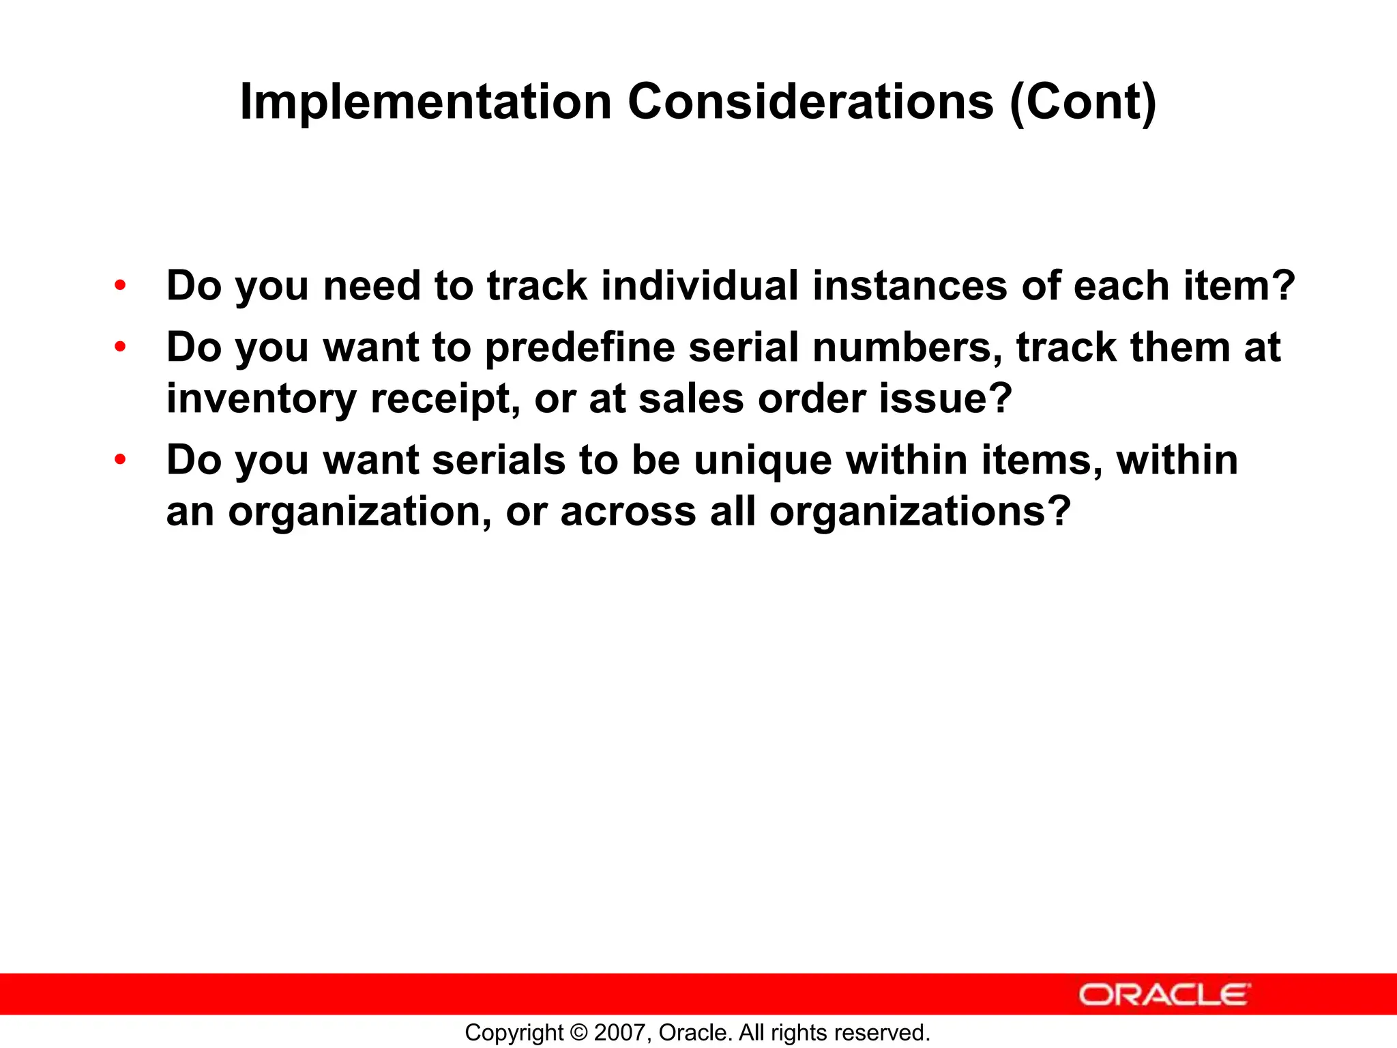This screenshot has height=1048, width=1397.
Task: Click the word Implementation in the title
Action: [426, 102]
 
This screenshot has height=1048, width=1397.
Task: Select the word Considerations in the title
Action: [810, 102]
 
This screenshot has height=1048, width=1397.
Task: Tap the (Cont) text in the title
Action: [1083, 102]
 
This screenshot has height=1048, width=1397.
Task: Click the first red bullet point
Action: [121, 285]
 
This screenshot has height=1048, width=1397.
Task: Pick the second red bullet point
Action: [121, 347]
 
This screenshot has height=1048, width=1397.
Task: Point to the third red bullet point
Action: [121, 460]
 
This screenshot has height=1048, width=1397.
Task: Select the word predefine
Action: [580, 347]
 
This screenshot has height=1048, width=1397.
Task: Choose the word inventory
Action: [261, 398]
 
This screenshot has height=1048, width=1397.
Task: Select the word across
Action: [628, 511]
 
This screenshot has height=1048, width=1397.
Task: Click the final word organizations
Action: [920, 511]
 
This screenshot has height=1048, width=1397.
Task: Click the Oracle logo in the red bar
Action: [1164, 995]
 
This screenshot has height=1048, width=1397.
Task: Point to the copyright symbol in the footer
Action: [578, 1032]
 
